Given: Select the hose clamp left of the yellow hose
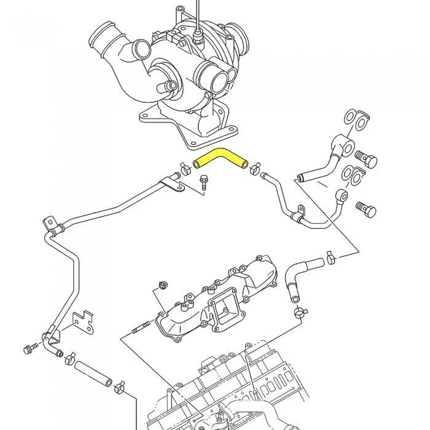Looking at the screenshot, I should pyautogui.click(x=184, y=167).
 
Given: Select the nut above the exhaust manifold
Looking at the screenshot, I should pyautogui.click(x=163, y=284).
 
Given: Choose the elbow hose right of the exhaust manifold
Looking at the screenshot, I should pyautogui.click(x=301, y=275).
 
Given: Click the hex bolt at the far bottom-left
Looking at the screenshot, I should pyautogui.click(x=28, y=350).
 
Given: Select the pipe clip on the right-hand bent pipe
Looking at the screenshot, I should pyautogui.click(x=299, y=213).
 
